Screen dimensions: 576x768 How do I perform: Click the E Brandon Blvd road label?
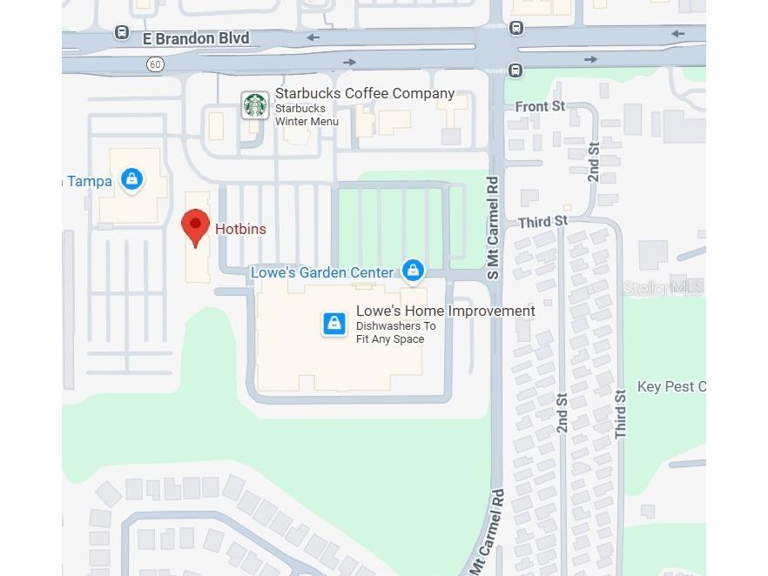pyautogui.click(x=196, y=38)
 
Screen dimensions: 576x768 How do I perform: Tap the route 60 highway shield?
pyautogui.click(x=155, y=64)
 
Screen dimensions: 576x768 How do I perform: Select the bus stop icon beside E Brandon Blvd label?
pyautogui.click(x=122, y=33)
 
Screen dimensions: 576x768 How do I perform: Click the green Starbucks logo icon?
pyautogui.click(x=255, y=105)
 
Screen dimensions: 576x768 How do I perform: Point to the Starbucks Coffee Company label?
pyautogui.click(x=364, y=93)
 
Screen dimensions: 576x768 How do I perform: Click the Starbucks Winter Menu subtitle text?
pyautogui.click(x=307, y=115)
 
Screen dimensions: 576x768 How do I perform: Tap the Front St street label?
pyautogui.click(x=540, y=106)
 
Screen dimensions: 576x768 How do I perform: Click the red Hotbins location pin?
pyautogui.click(x=195, y=226)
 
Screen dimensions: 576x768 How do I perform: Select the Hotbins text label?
pyautogui.click(x=240, y=229)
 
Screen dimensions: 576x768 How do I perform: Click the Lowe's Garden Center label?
pyautogui.click(x=322, y=272)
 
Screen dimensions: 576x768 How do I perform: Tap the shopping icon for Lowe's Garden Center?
pyautogui.click(x=413, y=271)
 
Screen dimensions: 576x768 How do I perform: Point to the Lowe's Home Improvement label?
pyautogui.click(x=445, y=311)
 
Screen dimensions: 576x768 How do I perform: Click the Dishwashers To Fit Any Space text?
pyautogui.click(x=395, y=332)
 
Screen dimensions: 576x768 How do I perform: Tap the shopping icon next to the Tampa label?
pyautogui.click(x=131, y=180)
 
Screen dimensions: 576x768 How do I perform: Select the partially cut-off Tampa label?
pyautogui.click(x=88, y=181)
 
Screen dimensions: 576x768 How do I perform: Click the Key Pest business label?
pyautogui.click(x=671, y=386)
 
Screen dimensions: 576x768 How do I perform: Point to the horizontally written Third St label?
pyautogui.click(x=542, y=222)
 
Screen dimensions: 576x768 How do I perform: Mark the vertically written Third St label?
pyautogui.click(x=621, y=413)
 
